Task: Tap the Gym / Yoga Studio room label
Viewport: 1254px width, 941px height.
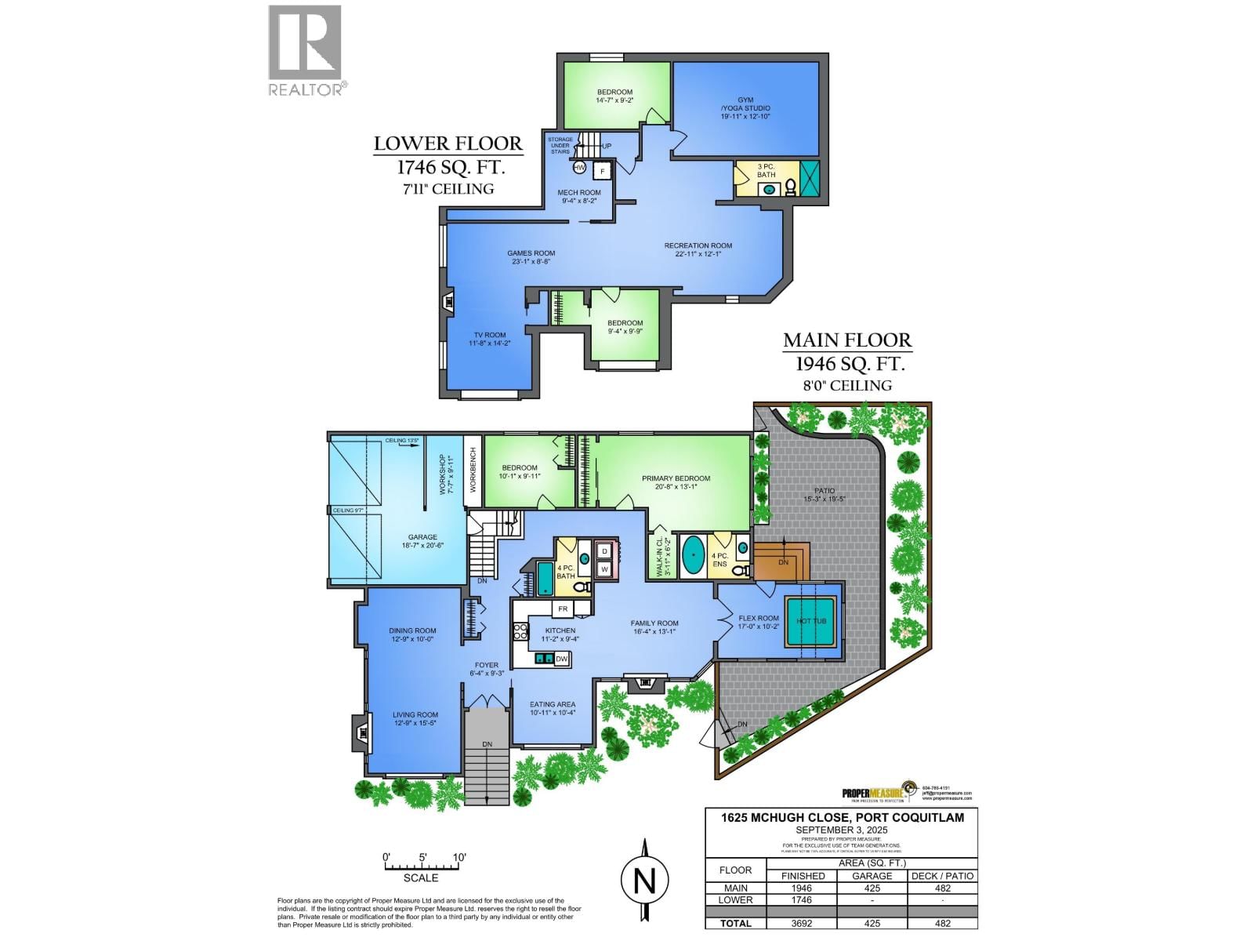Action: pos(745,108)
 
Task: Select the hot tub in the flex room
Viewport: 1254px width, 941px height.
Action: pos(811,621)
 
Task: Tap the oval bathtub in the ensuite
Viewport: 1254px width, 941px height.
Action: pos(694,555)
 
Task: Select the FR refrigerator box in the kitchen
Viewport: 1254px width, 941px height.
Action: pos(563,609)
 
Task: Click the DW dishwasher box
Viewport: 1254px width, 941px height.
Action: pos(561,659)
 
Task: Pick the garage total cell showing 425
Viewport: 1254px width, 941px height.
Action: pos(872,923)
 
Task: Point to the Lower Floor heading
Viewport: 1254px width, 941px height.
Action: pos(448,144)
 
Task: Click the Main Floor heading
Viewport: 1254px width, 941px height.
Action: pos(847,340)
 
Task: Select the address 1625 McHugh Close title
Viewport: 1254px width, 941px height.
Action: pos(842,817)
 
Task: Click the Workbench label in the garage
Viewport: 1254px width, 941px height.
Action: pos(473,470)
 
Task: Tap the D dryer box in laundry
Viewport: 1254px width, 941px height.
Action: pos(604,551)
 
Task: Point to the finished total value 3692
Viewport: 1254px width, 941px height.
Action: pos(802,923)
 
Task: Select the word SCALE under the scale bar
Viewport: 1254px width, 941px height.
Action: pos(421,877)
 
